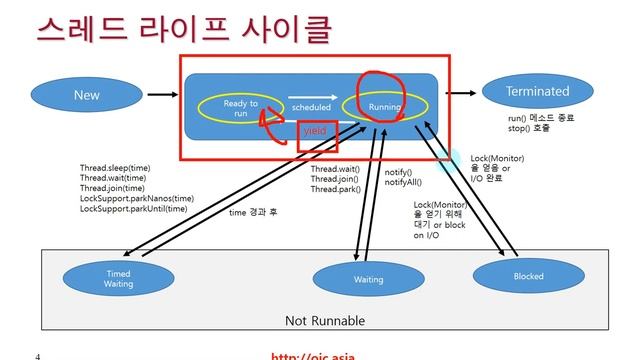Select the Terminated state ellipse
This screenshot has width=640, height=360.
[x=537, y=91]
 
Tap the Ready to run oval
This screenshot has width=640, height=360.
[x=240, y=107]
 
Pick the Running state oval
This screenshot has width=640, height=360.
[x=384, y=106]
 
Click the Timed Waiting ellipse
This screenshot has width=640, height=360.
[x=118, y=278]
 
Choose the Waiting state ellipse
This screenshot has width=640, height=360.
[x=368, y=279]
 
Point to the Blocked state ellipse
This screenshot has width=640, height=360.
[x=527, y=273]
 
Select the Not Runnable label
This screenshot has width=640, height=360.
[x=324, y=321]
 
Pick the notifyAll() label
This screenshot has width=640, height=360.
[x=404, y=182]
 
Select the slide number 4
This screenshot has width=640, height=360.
[x=37, y=355]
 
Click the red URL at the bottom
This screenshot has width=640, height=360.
[x=313, y=355]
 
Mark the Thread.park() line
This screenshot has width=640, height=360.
[x=335, y=188]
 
